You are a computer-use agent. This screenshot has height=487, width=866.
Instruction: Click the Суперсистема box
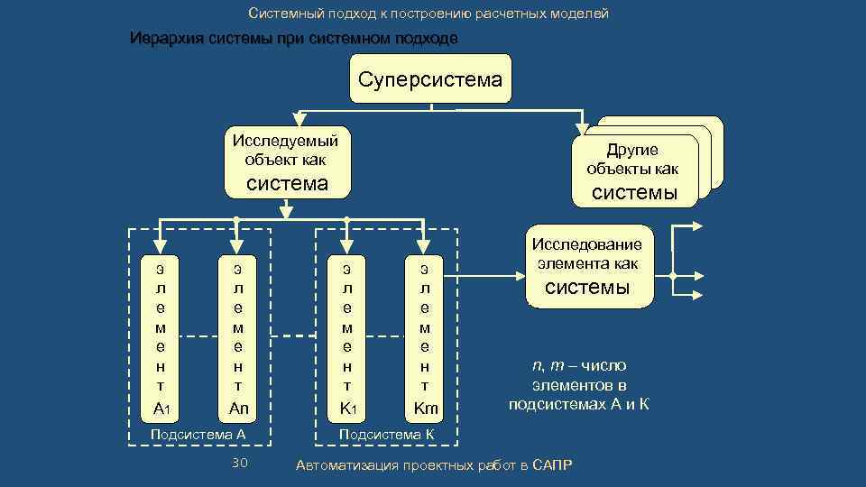coord(429,78)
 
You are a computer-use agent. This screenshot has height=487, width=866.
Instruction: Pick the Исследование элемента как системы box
coord(587,266)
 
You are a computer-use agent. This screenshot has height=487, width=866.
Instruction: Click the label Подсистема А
coord(198,434)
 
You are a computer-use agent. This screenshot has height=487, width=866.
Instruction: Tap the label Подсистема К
coord(386,434)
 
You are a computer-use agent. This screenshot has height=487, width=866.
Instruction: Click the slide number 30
coord(239,463)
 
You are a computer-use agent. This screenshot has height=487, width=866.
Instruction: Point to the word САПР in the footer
coord(552,464)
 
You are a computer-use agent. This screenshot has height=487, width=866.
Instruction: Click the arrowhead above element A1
coord(160,244)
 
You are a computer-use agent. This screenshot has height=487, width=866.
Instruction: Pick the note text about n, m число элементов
coord(578,384)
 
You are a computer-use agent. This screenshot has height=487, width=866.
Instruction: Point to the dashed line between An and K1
coord(290,336)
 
